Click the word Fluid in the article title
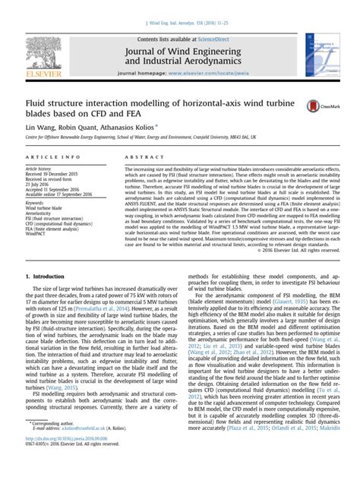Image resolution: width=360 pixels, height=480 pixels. [x=37, y=100]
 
